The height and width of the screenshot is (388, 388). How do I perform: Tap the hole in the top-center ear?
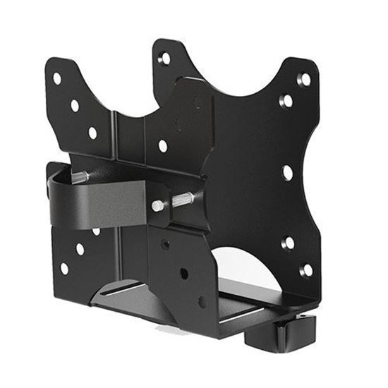click(164, 59)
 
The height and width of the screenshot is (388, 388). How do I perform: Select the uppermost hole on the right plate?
click(304, 79)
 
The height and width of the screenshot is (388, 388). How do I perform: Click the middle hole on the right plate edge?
click(288, 172)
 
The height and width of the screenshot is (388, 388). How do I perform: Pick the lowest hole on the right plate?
click(307, 270)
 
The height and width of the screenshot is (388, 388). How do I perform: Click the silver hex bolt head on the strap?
click(157, 206)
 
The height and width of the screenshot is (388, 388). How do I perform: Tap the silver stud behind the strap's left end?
click(80, 177)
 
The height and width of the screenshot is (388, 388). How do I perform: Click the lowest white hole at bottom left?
click(64, 268)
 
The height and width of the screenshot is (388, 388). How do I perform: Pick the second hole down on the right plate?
click(286, 101)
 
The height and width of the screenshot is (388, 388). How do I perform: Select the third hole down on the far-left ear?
click(92, 133)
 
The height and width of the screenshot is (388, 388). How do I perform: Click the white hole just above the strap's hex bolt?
click(163, 146)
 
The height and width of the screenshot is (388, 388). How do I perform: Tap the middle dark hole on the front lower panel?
click(183, 272)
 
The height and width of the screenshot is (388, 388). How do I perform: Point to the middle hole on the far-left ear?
click(75, 106)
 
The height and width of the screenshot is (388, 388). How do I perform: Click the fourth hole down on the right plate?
click(288, 242)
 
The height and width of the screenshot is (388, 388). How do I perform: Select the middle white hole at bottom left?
click(80, 249)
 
